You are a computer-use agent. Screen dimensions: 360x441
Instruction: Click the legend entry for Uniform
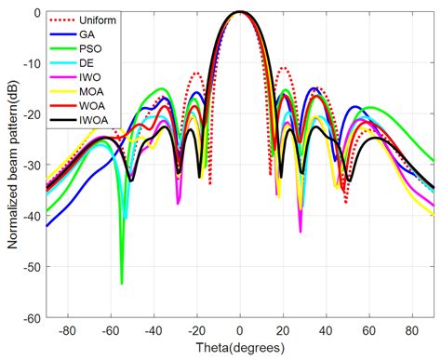pos(100,20)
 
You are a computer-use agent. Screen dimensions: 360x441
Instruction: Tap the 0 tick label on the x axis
pos(240,329)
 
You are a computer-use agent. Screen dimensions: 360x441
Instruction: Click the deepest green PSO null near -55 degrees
pos(122,283)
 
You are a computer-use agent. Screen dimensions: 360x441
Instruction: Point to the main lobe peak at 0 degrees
pos(240,13)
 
